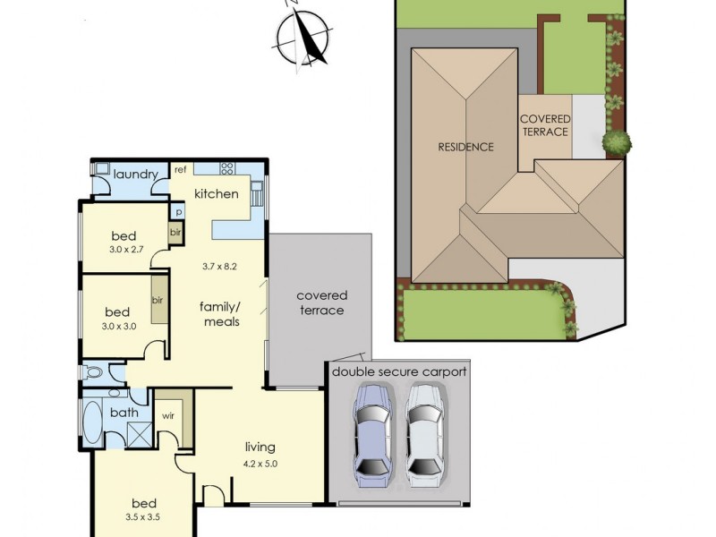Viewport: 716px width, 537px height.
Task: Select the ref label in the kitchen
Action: (x=180, y=169)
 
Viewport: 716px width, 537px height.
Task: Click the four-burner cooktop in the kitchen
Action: (x=226, y=167)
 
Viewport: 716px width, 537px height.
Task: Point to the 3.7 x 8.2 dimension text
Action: (x=220, y=267)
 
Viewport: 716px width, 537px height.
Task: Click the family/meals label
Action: (x=219, y=313)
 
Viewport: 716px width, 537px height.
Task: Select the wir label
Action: (x=167, y=416)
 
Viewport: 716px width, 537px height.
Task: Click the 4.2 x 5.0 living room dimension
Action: (x=260, y=464)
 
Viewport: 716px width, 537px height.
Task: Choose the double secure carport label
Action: (x=399, y=371)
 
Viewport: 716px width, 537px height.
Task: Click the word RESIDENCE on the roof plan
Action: (x=465, y=147)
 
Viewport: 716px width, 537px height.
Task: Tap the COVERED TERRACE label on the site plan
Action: (x=544, y=125)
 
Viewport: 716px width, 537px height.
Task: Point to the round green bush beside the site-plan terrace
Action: (x=617, y=141)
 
